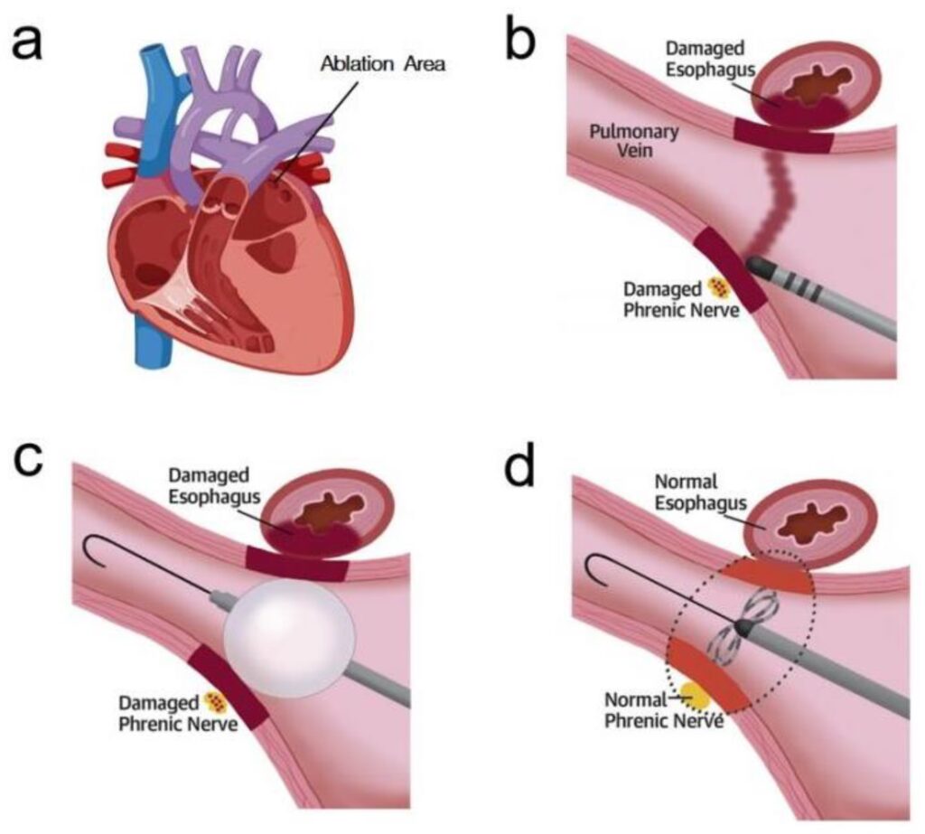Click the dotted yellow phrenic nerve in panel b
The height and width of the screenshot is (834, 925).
click(719, 286)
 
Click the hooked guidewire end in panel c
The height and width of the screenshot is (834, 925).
click(93, 549)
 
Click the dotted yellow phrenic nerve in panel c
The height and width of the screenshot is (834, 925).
click(215, 700)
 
